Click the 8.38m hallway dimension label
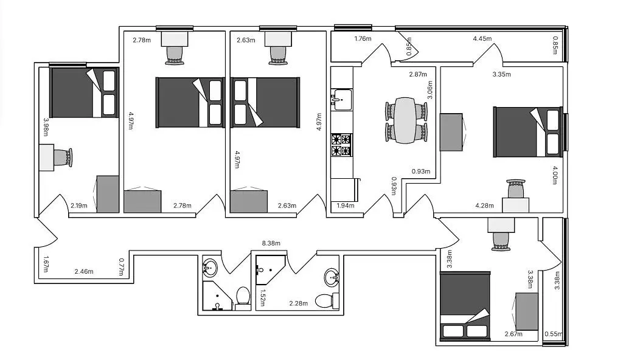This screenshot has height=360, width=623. pyautogui.click(x=271, y=243)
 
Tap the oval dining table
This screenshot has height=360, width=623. pyautogui.click(x=406, y=120)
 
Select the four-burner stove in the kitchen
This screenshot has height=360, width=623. pyautogui.click(x=341, y=145)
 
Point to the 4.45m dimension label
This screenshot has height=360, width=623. pyautogui.click(x=482, y=39)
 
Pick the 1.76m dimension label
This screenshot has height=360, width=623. pyautogui.click(x=363, y=39)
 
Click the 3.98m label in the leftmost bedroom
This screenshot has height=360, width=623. pyautogui.click(x=45, y=126)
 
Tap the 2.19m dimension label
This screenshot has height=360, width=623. pyautogui.click(x=79, y=206)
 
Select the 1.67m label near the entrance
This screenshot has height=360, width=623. pyautogui.click(x=46, y=263)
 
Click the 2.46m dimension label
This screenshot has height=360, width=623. pyautogui.click(x=84, y=271)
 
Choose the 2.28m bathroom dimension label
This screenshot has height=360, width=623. pyautogui.click(x=298, y=303)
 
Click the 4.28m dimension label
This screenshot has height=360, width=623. pyautogui.click(x=484, y=206)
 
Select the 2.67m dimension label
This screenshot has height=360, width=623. pyautogui.click(x=514, y=334)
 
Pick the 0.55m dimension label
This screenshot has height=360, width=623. pyautogui.click(x=553, y=334)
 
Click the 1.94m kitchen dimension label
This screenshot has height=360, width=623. pyautogui.click(x=346, y=206)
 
